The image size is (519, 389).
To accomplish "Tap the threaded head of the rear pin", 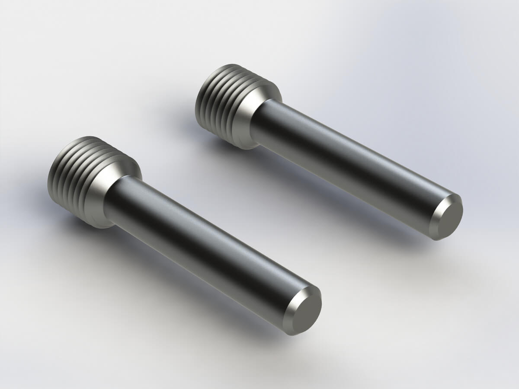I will (216, 104).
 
